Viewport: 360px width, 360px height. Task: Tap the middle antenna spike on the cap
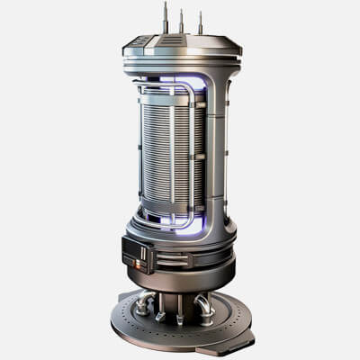(181, 20)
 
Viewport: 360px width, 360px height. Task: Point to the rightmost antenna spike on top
(200, 22)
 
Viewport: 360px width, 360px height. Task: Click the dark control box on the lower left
(135, 253)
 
